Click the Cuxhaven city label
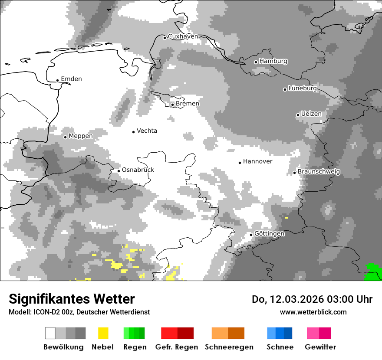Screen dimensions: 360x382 [x=183, y=36]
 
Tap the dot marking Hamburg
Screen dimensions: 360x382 [x=256, y=62]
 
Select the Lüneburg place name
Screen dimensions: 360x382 [x=303, y=88]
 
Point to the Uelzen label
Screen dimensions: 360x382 [x=311, y=114]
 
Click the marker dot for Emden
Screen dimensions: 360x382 [x=57, y=80]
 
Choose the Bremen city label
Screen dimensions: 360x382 [x=188, y=104]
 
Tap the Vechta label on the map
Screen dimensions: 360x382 [x=147, y=131]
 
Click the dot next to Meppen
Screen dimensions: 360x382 [x=65, y=137]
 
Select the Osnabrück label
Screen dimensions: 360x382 [x=138, y=170]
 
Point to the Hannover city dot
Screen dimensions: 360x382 [x=240, y=163]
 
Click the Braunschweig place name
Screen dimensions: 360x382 [x=319, y=172]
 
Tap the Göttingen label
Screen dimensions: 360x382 [x=269, y=234]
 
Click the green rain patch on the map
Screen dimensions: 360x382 [x=372, y=272]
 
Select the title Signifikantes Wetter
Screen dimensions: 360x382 [x=72, y=299]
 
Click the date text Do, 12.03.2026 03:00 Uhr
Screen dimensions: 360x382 [x=312, y=299]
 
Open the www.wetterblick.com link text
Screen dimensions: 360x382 [x=313, y=312]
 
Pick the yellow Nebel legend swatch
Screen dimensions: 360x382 [x=103, y=333]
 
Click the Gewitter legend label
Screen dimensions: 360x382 [x=320, y=347]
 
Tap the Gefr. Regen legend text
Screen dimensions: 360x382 [x=177, y=347]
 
